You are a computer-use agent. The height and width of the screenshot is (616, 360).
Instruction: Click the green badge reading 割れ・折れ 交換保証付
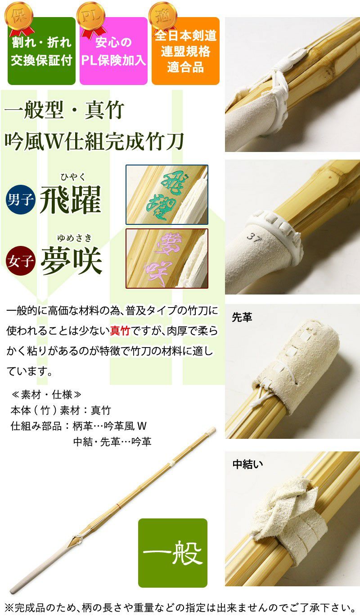[x=41, y=51]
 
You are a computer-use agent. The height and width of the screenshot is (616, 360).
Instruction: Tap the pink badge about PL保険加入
[x=113, y=51]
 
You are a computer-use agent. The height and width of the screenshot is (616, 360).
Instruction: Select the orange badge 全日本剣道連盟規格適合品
[x=185, y=51]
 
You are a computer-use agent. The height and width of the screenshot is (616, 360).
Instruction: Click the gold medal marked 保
[x=19, y=17]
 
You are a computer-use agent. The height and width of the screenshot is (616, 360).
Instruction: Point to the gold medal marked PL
[x=90, y=17]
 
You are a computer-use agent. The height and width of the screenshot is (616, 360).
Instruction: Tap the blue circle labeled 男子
[x=21, y=199]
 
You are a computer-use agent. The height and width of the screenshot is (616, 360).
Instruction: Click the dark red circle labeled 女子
[x=21, y=261]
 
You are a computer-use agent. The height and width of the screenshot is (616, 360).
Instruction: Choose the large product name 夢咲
[x=71, y=260]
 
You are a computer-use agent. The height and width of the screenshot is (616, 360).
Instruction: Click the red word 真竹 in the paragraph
[x=120, y=331]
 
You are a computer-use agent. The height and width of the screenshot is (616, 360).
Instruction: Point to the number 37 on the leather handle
[x=253, y=237]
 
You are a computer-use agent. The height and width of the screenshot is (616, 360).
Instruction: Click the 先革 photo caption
[x=242, y=317]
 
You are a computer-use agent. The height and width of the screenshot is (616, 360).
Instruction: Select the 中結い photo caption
[x=247, y=464]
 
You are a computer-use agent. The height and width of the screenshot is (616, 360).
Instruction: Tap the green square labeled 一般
[x=172, y=553]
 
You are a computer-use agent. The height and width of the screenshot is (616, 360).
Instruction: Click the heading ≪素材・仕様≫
[x=46, y=395]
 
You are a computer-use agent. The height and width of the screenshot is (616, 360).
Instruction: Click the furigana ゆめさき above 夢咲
[x=74, y=238]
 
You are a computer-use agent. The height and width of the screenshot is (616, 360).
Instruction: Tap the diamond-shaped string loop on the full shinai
[x=76, y=540]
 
